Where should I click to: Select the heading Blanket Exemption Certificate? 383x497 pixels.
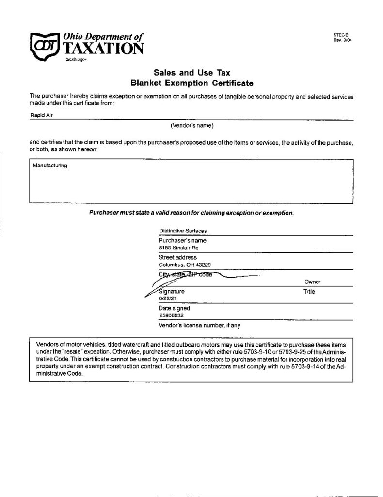(x=191, y=83)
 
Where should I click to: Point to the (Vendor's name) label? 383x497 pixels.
(x=192, y=125)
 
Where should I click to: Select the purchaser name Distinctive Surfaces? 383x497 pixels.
(x=183, y=231)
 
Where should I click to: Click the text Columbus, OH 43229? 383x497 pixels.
(x=185, y=265)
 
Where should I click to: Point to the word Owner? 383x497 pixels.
(x=313, y=282)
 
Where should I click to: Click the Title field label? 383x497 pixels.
(x=309, y=292)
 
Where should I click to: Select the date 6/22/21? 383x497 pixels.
(x=168, y=298)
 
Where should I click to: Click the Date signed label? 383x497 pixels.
(x=175, y=308)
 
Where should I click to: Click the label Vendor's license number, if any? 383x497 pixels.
(x=199, y=325)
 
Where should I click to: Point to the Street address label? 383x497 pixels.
(x=177, y=257)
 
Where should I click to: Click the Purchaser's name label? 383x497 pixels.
(x=182, y=240)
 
